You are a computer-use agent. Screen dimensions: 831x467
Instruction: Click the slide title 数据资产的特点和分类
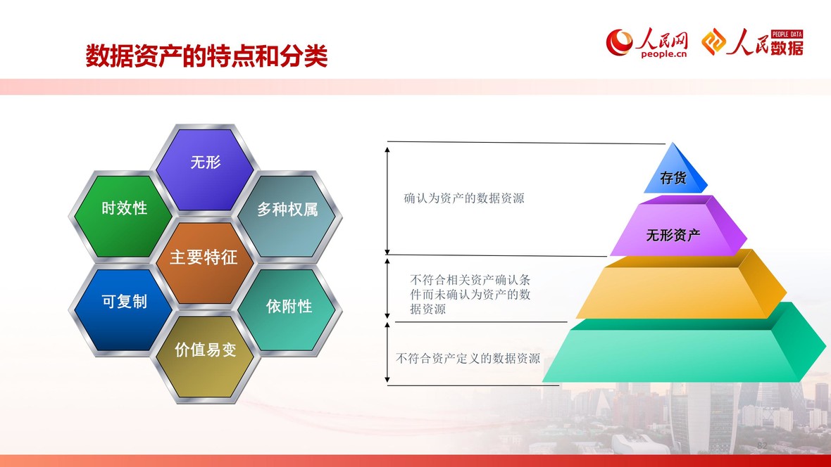[206, 56]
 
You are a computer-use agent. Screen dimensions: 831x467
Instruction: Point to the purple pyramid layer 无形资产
[677, 229]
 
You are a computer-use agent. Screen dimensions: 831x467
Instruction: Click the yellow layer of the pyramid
[681, 288]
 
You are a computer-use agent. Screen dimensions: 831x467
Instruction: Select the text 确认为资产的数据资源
[464, 198]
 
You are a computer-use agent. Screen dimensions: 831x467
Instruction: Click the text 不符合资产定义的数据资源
[468, 359]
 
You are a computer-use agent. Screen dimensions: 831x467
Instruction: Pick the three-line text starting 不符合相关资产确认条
[470, 295]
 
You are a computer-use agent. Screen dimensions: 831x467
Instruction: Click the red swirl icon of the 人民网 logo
[620, 41]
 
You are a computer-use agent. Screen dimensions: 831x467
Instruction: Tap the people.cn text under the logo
[663, 53]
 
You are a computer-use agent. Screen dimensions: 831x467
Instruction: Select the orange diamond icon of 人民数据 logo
[714, 41]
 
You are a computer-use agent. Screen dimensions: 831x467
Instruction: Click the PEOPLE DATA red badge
[787, 34]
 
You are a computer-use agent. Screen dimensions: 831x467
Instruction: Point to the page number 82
[762, 445]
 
